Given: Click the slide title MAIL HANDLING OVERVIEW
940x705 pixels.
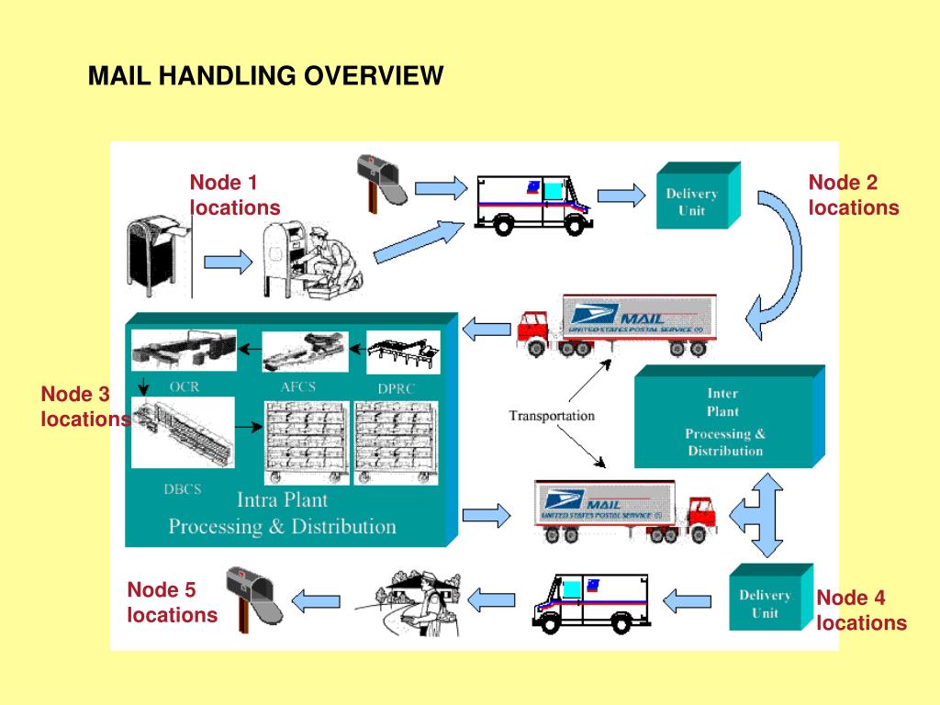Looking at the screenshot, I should [265, 75].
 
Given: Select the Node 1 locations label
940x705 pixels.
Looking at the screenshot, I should [234, 195].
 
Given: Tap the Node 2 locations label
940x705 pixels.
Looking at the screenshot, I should [853, 195].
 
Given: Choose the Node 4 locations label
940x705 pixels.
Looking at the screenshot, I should [861, 610].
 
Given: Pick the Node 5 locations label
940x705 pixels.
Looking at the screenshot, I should [172, 602].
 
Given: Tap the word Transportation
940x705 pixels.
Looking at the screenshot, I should [552, 416].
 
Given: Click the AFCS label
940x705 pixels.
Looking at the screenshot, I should [297, 386].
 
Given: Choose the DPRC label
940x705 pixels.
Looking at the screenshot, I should [397, 388].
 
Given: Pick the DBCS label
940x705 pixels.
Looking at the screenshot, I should [182, 489].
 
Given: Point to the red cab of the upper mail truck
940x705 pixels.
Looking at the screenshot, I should [535, 326].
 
